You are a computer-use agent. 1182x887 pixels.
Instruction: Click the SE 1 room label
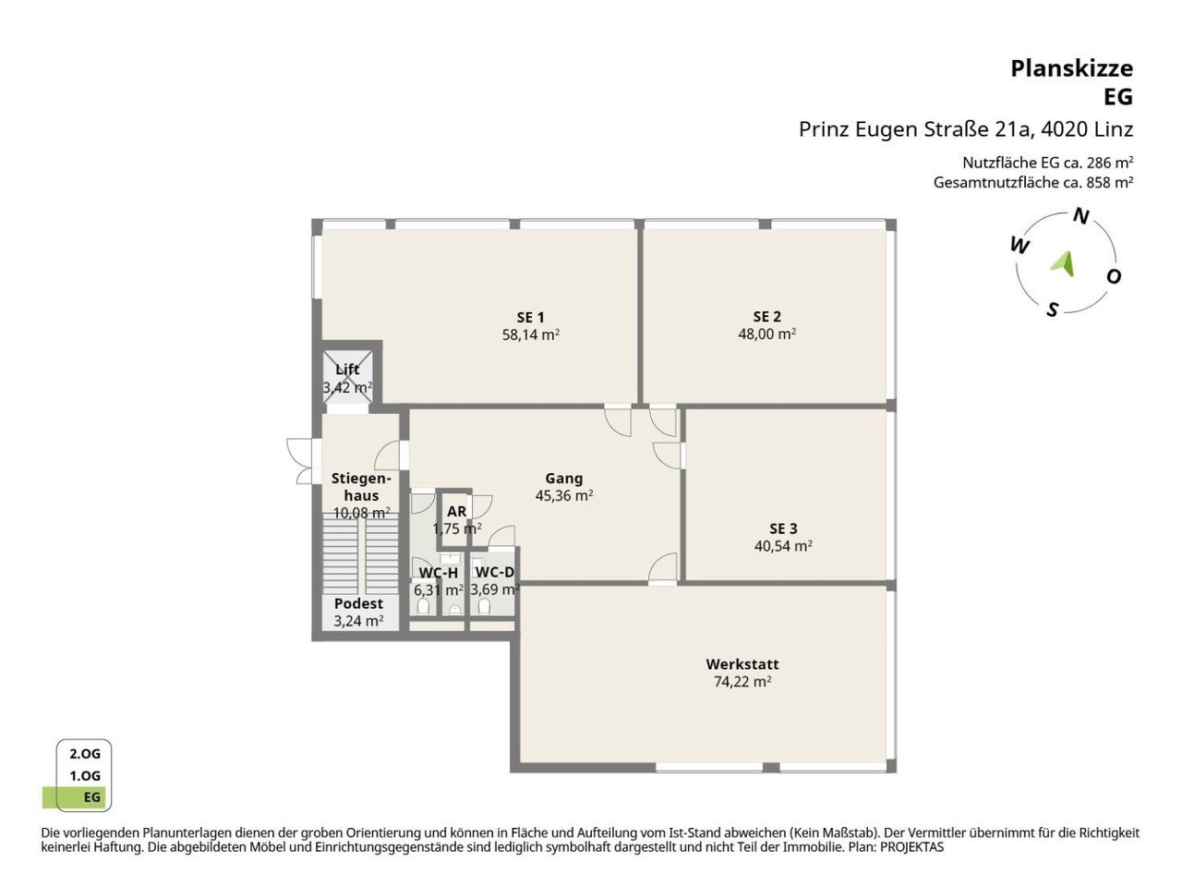[x=530, y=317]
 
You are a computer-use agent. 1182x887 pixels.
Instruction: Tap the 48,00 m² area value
[x=766, y=334]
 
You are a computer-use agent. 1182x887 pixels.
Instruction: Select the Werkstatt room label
[x=742, y=664]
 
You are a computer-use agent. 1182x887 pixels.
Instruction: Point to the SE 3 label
[x=782, y=529]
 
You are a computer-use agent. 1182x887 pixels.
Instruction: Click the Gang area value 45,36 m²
[x=564, y=495]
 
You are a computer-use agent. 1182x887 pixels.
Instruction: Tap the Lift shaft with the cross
[x=347, y=376]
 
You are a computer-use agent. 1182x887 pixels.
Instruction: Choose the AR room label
[x=456, y=511]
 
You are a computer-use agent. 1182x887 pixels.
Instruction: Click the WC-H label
[x=439, y=572]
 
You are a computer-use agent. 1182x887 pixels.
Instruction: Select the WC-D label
[x=494, y=572]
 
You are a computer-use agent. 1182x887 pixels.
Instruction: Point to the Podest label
[x=358, y=603]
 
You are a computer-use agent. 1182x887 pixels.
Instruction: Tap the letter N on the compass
[x=1080, y=216]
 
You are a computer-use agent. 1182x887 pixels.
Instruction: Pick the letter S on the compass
[x=1052, y=310]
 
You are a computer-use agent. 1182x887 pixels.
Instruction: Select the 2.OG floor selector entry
[x=85, y=754]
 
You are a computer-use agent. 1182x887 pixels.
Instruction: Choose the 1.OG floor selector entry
[x=85, y=776]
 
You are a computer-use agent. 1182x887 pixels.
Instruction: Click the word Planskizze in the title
[x=1071, y=69]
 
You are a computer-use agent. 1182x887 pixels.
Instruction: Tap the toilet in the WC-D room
[x=484, y=607]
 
